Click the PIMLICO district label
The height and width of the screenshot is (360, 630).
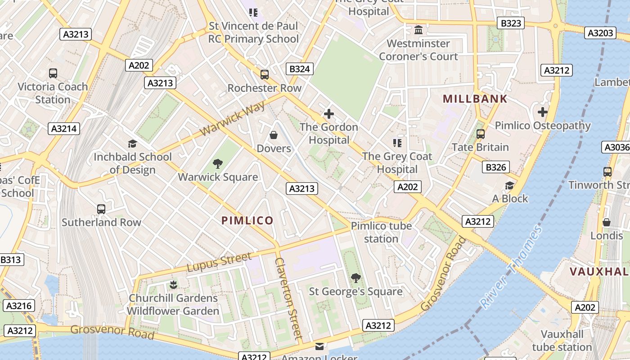click(247, 220)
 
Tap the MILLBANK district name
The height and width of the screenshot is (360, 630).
click(475, 99)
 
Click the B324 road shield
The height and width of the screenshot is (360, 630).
click(300, 69)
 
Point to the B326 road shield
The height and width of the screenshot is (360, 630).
click(495, 167)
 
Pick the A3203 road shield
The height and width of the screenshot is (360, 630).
click(601, 33)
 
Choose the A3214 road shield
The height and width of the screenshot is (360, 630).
click(64, 129)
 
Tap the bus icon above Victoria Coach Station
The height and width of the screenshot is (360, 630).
click(53, 73)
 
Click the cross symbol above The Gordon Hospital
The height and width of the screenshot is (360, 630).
click(329, 114)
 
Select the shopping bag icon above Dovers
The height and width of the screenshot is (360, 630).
click(273, 135)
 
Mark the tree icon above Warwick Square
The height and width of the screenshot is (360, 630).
click(218, 163)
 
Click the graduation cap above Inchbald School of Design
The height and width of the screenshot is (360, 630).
click(132, 144)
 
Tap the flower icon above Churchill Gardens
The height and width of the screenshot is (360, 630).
click(173, 284)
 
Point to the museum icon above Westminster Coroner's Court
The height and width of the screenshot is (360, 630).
click(418, 30)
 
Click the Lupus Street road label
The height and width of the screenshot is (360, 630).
click(219, 262)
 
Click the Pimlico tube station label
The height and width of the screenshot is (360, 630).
click(381, 232)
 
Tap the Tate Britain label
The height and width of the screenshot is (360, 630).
click(480, 147)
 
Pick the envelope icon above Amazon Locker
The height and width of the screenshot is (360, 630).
click(319, 346)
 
